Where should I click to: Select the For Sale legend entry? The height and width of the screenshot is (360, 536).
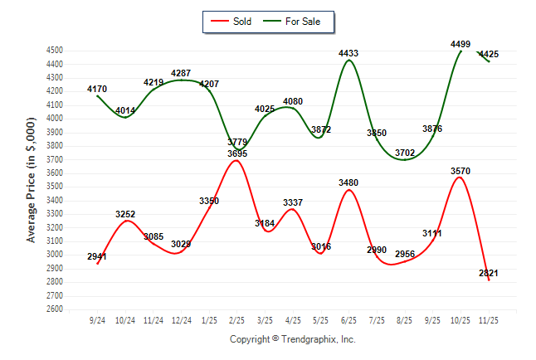tap(296, 22)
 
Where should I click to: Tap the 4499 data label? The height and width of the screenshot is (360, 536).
tap(460, 44)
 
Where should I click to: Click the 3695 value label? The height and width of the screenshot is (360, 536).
tap(237, 153)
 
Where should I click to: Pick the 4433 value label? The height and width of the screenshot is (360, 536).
tap(348, 54)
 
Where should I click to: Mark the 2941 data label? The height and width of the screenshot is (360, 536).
tap(98, 256)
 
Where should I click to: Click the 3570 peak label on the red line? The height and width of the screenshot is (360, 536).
tap(460, 171)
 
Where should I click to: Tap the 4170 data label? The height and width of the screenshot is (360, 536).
tap(98, 89)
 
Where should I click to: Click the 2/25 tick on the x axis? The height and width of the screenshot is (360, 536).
tap(237, 320)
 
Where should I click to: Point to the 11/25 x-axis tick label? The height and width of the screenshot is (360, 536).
tap(488, 320)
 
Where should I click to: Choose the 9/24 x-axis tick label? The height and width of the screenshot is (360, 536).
tap(98, 320)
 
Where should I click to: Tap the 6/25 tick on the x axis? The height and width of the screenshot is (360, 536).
tap(348, 320)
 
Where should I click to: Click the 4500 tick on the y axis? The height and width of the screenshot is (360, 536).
tap(55, 51)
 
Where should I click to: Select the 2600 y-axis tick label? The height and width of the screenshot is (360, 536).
tap(55, 309)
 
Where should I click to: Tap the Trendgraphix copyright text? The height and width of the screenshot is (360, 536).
tap(292, 339)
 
